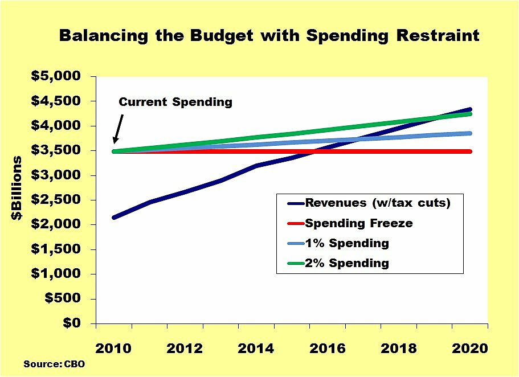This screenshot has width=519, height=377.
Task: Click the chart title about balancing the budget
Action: pos(269,36)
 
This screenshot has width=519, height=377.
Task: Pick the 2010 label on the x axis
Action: pos(114,349)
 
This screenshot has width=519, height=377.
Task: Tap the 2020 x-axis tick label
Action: pos(469,349)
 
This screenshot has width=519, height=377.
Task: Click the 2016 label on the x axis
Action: pos(328,349)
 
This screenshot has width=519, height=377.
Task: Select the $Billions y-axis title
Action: pos(18,188)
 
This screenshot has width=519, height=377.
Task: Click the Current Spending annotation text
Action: pos(175,103)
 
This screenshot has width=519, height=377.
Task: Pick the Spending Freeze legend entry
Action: pos(350,223)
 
